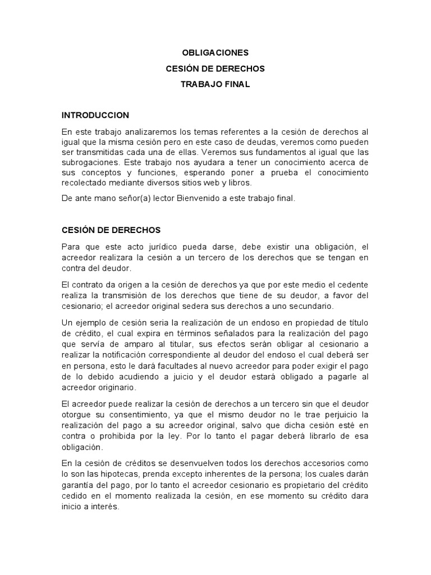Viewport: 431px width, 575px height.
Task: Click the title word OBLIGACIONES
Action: click(x=215, y=53)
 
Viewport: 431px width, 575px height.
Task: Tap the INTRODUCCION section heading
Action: click(x=95, y=115)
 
